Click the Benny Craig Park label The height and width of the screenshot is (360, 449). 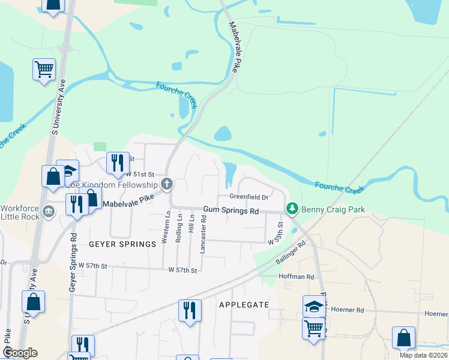tap(333, 209)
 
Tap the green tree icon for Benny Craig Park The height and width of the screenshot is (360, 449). tap(292, 209)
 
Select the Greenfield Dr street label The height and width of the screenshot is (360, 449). tap(248, 197)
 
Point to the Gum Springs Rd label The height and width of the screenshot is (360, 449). tap(231, 211)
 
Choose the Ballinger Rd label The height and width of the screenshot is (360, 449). tap(291, 253)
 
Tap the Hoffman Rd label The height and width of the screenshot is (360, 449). tap(297, 277)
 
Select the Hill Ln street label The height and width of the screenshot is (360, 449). tap(191, 223)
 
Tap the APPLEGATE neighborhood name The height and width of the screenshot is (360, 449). tap(244, 304)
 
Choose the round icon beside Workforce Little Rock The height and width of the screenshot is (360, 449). tap(49, 210)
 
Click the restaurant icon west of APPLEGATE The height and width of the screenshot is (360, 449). tap(189, 311)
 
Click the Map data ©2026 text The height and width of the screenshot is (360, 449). tap(423, 355)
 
